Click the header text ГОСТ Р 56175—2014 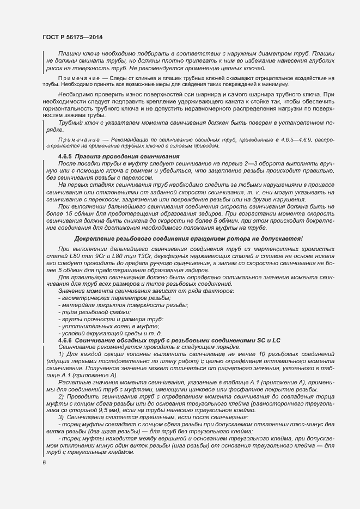click(x=72, y=37)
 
